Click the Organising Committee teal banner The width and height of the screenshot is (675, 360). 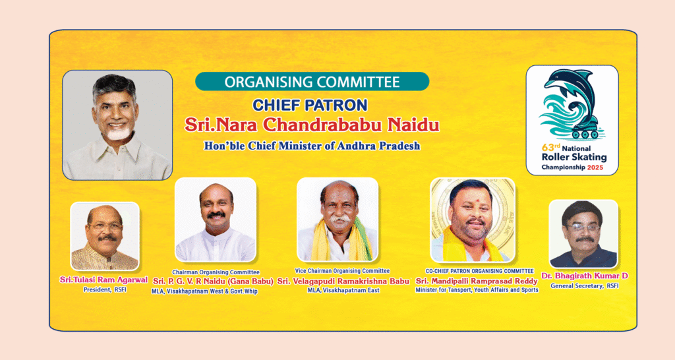[x=312, y=81]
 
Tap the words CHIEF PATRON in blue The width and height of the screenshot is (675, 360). [x=310, y=105]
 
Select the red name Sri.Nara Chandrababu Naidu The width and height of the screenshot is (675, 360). [x=312, y=125]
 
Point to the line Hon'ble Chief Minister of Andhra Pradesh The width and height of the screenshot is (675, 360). [x=312, y=146]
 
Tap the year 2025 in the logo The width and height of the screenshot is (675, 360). [x=595, y=167]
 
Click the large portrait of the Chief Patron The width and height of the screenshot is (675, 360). [x=117, y=125]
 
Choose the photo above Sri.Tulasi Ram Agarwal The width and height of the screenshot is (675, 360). [x=105, y=236]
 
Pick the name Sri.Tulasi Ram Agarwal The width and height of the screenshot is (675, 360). [x=103, y=280]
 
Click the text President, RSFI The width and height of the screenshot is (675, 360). [x=105, y=290]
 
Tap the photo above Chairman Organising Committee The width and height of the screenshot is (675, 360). [x=216, y=219]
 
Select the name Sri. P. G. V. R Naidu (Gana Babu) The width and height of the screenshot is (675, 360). [x=213, y=281]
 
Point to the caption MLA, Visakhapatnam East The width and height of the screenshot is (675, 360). [x=343, y=291]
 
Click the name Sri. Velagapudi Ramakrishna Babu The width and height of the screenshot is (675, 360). [x=343, y=281]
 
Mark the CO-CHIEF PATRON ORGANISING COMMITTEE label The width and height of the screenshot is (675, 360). [x=480, y=271]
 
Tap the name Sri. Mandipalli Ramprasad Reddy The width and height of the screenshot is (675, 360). [x=477, y=281]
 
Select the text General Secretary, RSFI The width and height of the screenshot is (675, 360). [x=585, y=286]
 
